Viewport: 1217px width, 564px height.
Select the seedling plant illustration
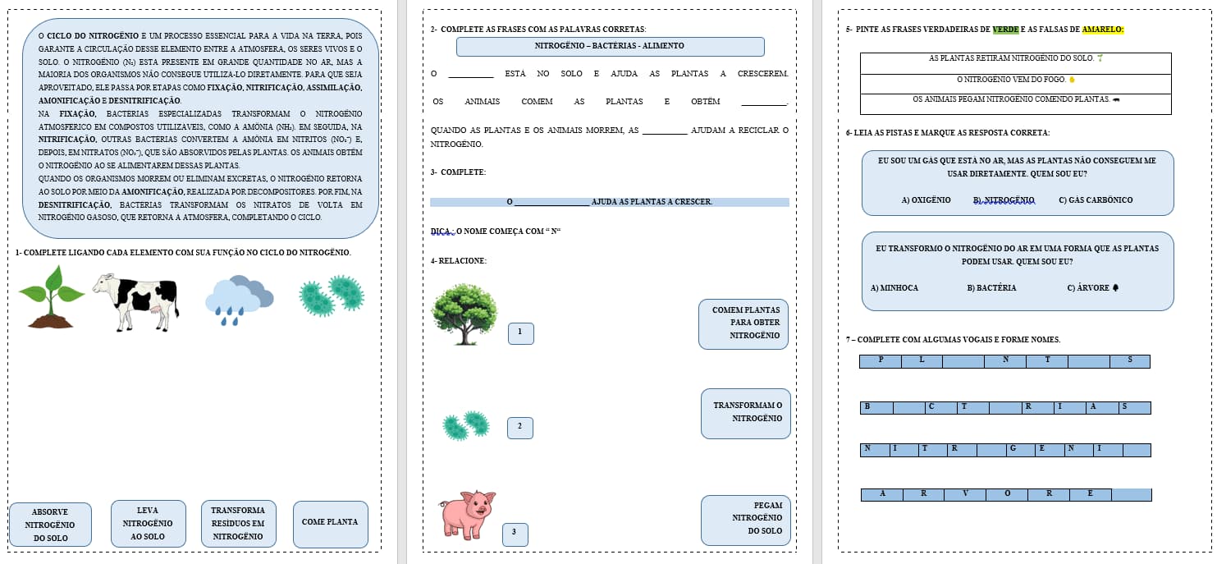(51, 296)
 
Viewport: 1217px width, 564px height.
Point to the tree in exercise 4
(464, 314)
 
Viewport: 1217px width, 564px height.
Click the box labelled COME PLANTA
(330, 522)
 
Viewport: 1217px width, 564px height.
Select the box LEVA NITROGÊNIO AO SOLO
(148, 523)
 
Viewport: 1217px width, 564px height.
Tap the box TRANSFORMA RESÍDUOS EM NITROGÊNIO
(238, 523)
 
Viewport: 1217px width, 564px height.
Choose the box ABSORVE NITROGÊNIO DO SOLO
(50, 525)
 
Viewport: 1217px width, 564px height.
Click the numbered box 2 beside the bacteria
(519, 427)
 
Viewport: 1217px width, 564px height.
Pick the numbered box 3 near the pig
(515, 534)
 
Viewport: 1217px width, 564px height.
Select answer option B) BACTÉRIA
(991, 287)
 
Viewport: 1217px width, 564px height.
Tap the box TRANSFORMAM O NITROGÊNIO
(746, 412)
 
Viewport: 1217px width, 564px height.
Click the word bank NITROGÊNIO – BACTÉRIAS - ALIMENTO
(610, 47)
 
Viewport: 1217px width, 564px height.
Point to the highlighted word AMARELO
(1102, 30)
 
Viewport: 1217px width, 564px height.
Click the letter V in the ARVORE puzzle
(965, 494)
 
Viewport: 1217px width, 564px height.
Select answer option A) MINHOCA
(894, 287)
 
